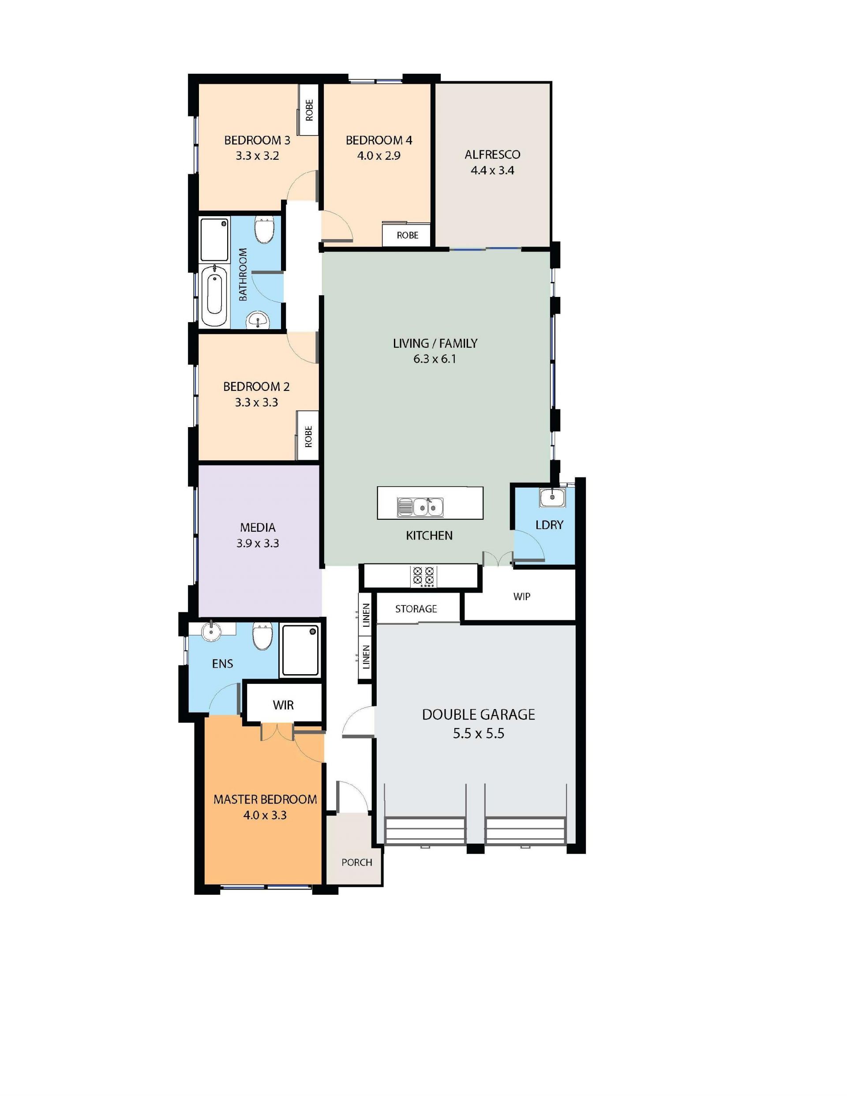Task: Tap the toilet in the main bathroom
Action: (264, 230)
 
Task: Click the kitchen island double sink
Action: (420, 507)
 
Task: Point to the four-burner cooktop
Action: (423, 576)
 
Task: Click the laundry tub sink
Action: (552, 497)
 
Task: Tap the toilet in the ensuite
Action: (262, 636)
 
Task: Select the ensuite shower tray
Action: (300, 650)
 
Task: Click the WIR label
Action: (283, 705)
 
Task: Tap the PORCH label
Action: (357, 862)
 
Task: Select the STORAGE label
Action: (416, 609)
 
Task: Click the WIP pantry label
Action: (522, 597)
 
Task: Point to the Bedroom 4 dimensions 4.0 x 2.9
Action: (379, 156)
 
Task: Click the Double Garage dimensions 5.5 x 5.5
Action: (478, 734)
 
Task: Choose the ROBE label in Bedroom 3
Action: (309, 110)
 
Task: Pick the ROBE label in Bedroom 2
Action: (308, 436)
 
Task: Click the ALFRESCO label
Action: (492, 154)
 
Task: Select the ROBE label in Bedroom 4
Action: (408, 235)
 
